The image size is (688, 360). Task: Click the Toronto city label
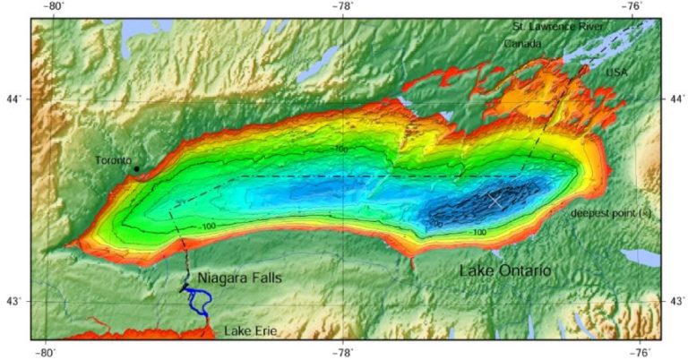tap(113, 160)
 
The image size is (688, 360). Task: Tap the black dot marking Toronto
tap(136, 168)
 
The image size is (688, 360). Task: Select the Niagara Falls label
tap(239, 279)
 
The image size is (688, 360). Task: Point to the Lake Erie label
tap(250, 332)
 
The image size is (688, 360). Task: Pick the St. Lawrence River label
tap(557, 26)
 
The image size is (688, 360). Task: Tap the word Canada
tap(522, 43)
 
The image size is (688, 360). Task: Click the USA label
tap(616, 72)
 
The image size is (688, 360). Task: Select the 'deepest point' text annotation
tap(609, 213)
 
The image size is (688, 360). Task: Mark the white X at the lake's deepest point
tap(495, 201)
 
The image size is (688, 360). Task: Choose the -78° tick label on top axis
tap(344, 7)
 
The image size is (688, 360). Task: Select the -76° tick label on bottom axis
tap(640, 352)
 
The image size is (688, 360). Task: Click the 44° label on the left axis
tap(16, 99)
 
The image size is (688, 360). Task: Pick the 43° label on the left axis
tap(16, 301)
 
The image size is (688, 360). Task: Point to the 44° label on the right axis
tap(675, 99)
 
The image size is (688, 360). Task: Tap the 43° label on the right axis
tap(675, 301)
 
